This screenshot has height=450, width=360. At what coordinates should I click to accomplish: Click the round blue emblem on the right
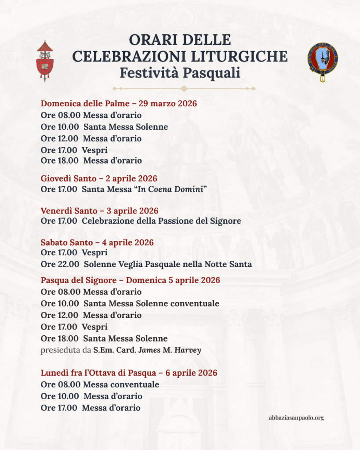tap(323, 61)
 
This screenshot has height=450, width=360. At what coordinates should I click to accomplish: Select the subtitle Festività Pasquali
tap(180, 72)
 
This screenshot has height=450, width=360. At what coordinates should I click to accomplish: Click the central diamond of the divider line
tap(184, 88)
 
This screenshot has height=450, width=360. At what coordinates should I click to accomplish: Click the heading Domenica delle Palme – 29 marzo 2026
tap(119, 104)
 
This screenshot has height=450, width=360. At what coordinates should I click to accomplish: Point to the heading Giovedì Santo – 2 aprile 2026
tap(99, 179)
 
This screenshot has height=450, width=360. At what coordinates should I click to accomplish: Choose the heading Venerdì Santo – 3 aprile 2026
tap(99, 211)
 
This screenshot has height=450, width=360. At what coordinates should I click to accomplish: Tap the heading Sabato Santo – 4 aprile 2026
tap(97, 243)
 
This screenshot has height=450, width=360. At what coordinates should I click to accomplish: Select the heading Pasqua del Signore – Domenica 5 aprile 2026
tap(131, 280)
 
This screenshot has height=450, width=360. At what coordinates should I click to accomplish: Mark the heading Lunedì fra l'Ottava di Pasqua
tap(129, 373)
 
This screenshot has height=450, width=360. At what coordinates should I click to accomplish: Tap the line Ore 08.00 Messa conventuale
tap(100, 385)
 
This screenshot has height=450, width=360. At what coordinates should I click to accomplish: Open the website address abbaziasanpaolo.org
tap(296, 418)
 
